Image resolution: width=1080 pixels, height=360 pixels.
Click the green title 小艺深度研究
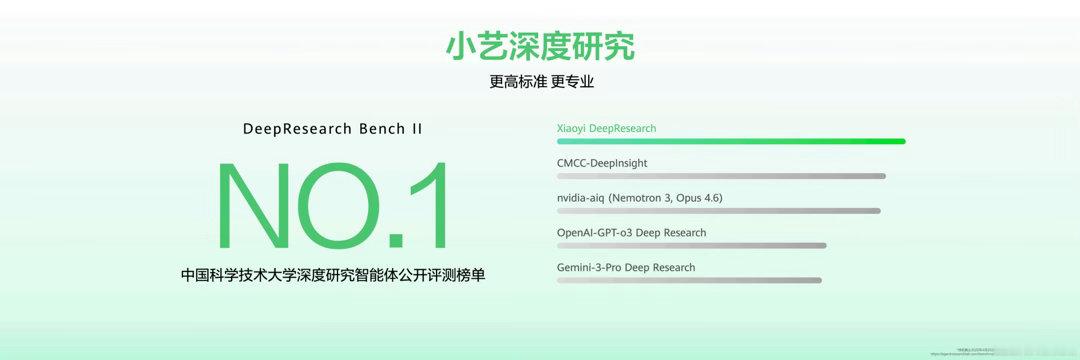tap(540, 46)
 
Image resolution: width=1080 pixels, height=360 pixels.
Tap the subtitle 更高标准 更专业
tap(541, 82)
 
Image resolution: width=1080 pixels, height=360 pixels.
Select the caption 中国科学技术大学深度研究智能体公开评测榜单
tap(333, 274)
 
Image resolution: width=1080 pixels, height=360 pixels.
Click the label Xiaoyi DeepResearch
tap(606, 128)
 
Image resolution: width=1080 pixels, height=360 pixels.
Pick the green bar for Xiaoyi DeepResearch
tap(730, 141)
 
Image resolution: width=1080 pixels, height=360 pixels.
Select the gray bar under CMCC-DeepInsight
tap(720, 176)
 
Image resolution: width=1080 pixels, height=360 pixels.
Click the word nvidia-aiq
tap(581, 198)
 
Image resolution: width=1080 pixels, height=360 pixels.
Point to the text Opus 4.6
tap(695, 198)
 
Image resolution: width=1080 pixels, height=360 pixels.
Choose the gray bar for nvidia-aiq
tap(718, 211)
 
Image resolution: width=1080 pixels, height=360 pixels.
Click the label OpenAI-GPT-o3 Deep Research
tap(631, 233)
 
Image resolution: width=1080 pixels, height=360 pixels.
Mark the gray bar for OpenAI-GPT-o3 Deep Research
tap(691, 246)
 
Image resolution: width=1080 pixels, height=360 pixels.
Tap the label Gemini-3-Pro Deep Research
tap(625, 268)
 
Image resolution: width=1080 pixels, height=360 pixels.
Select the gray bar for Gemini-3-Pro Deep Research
tap(688, 281)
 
